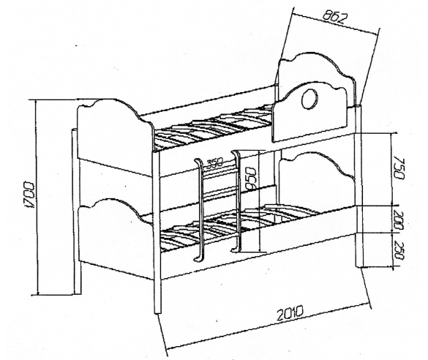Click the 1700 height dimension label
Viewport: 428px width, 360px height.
[29, 195]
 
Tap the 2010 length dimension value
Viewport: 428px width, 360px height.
[290, 313]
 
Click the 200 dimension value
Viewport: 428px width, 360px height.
[399, 220]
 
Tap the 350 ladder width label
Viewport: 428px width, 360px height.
[214, 163]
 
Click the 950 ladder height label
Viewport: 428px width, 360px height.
[250, 179]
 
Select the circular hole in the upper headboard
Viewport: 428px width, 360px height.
[310, 99]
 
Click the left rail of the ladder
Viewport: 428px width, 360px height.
[200, 210]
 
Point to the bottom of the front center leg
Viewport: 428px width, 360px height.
[158, 313]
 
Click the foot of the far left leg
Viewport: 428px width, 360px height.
[78, 293]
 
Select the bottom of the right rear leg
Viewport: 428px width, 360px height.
[359, 266]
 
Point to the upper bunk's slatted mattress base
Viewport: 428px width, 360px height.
[213, 127]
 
